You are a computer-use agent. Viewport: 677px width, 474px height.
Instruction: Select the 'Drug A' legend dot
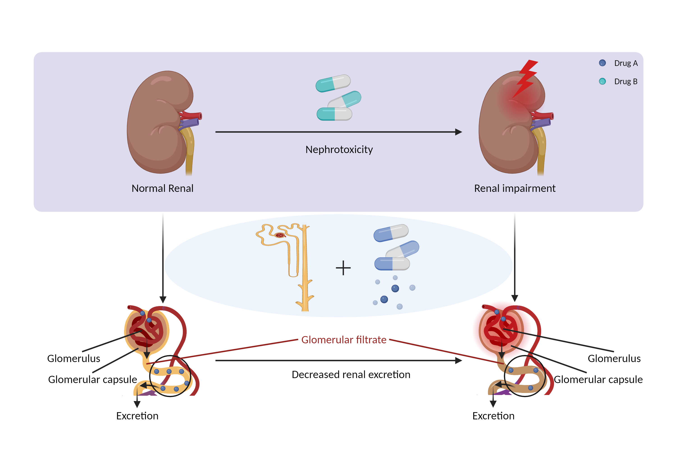point(602,63)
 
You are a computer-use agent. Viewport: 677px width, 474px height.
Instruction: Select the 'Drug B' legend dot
point(602,81)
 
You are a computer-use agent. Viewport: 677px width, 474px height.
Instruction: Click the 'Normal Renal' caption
point(162,188)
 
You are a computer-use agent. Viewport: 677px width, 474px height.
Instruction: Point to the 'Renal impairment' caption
point(515,188)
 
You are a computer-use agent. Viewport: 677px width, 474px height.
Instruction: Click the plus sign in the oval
point(343,268)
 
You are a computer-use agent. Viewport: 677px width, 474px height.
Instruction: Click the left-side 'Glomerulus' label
point(74,358)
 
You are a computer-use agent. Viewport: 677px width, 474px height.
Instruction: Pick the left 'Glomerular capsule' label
point(93,379)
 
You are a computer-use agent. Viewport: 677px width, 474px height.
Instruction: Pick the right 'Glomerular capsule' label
point(598,379)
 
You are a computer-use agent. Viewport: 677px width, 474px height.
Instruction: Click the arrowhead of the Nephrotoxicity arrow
point(459,132)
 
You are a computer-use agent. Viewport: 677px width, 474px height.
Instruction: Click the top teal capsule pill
point(333,83)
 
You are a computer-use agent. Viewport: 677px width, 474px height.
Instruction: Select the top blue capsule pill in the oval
point(391,233)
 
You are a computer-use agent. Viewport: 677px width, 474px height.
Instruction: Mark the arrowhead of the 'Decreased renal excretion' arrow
point(459,360)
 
